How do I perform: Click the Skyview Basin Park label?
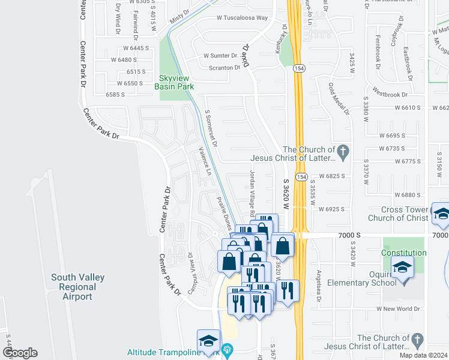174,82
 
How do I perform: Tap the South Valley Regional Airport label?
78,287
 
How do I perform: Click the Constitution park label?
403,253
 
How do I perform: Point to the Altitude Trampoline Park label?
170,352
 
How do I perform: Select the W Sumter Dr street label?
221,55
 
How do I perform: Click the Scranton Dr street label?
224,68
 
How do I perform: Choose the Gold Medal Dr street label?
339,97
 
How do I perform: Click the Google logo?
19,353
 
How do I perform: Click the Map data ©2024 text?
423,355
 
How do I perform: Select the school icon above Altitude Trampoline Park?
208,341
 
